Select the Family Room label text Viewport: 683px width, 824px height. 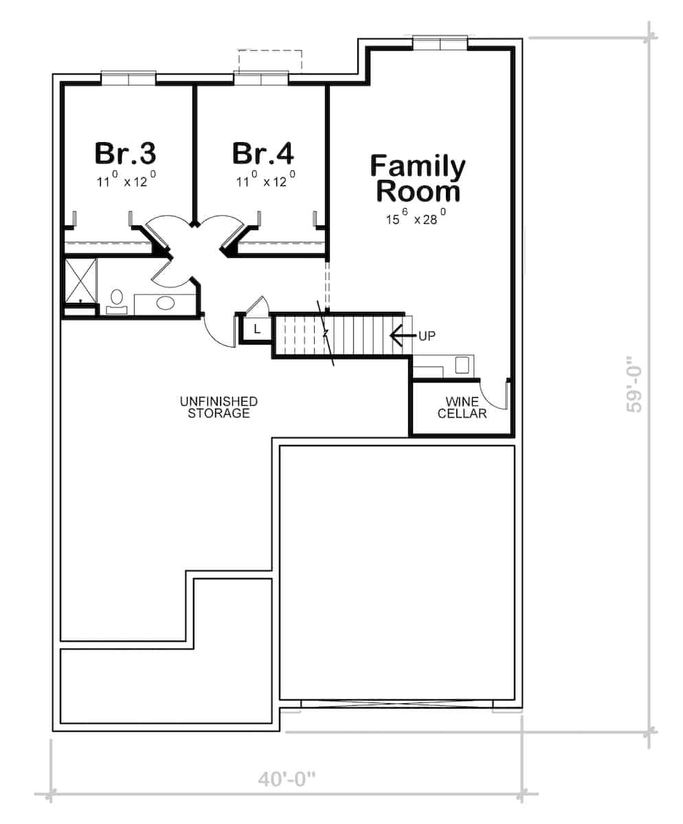pyautogui.click(x=418, y=179)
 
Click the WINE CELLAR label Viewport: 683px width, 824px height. pyautogui.click(x=462, y=407)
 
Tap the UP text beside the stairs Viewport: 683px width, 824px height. pyautogui.click(x=427, y=335)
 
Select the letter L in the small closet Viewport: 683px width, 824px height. pyautogui.click(x=256, y=330)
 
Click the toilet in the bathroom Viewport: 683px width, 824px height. pyautogui.click(x=116, y=299)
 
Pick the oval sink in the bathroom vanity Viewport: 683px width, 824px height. pyautogui.click(x=166, y=303)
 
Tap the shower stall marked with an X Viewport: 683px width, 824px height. pyautogui.click(x=80, y=280)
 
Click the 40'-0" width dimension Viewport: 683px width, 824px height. pyautogui.click(x=287, y=779)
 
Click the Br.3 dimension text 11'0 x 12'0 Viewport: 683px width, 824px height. pyautogui.click(x=127, y=183)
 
